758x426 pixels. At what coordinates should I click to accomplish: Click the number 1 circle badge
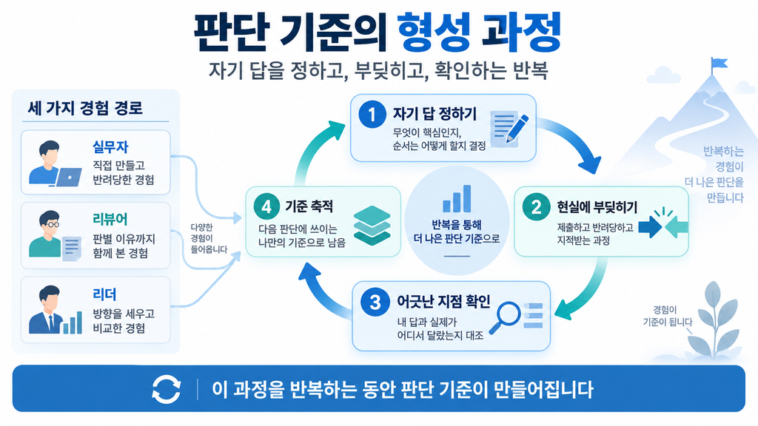[372, 115]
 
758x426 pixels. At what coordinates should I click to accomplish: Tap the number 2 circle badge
[536, 207]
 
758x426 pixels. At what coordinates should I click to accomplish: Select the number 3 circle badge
[375, 302]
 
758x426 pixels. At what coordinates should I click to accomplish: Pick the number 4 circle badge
[266, 206]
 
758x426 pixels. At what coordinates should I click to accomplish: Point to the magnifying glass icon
[504, 317]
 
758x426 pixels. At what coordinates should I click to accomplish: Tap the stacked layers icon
[372, 225]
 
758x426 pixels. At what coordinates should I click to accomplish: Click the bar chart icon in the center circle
[457, 198]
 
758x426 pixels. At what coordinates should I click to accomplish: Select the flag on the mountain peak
[718, 64]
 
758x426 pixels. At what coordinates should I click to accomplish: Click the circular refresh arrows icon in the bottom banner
[167, 389]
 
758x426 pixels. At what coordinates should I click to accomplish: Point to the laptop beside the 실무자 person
[68, 177]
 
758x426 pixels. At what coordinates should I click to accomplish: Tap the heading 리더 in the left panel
[104, 294]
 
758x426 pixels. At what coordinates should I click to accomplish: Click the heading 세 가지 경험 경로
[85, 108]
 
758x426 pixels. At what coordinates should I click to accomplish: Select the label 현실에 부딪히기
[597, 207]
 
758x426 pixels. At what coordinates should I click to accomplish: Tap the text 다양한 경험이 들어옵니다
[208, 238]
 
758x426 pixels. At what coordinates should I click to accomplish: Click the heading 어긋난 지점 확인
[443, 302]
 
